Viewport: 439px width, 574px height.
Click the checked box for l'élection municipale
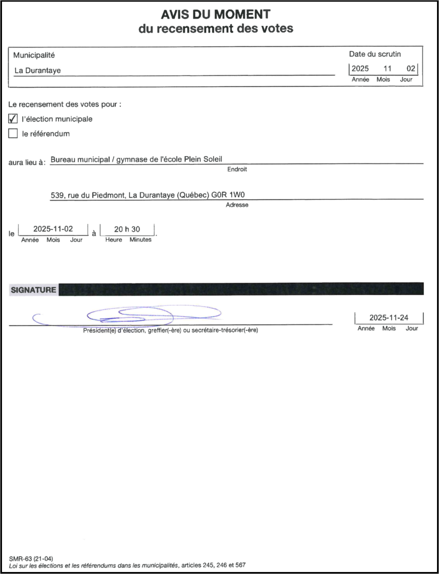coord(13,119)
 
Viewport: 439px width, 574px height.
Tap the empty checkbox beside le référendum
coord(13,133)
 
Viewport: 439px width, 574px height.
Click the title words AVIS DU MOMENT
coord(216,15)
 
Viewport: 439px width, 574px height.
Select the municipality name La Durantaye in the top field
coord(38,70)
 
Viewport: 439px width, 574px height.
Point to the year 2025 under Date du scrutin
coord(360,69)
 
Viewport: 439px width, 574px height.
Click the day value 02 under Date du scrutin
coord(411,69)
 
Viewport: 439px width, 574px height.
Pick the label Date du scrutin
coord(375,54)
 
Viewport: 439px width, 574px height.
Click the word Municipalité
coord(34,55)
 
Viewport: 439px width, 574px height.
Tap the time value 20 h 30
coord(127,229)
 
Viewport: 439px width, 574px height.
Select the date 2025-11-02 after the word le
coord(53,229)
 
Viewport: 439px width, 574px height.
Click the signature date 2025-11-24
coord(389,318)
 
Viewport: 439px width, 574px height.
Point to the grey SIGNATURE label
coord(34,290)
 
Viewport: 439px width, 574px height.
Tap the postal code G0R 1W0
coord(228,195)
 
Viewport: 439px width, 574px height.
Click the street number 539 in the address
coord(57,195)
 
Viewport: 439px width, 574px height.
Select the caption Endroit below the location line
coord(237,169)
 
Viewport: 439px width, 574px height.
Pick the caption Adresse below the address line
coord(237,205)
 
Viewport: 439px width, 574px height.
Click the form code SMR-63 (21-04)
coord(31,558)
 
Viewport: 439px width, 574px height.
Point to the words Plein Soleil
coord(203,159)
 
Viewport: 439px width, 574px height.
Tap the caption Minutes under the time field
coord(140,240)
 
